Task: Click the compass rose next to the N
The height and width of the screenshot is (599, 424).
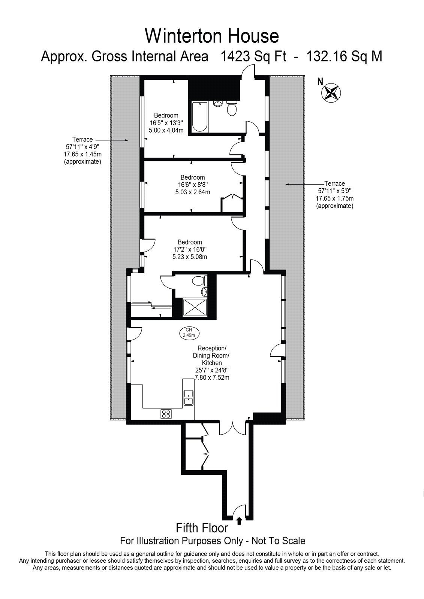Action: click(331, 92)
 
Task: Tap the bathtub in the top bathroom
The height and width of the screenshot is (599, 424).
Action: click(200, 116)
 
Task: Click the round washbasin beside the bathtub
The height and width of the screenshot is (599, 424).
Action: click(218, 103)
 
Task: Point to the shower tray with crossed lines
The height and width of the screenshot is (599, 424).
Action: click(195, 308)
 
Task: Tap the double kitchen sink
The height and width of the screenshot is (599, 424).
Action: click(189, 398)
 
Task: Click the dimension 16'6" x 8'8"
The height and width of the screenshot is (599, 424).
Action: click(193, 185)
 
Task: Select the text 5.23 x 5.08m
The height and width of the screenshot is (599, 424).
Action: click(190, 257)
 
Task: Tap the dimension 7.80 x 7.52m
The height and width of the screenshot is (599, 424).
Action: click(212, 378)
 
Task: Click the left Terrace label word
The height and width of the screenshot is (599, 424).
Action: click(82, 139)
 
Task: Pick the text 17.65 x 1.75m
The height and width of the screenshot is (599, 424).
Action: click(334, 198)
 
